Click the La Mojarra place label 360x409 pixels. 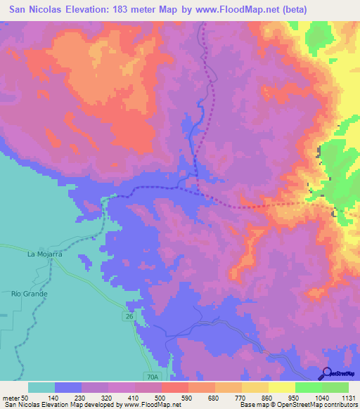point(45,254)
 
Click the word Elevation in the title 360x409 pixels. point(85,9)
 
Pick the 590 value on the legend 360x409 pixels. point(188,397)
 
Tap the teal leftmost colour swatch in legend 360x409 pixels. point(41,387)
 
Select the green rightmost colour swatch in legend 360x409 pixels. point(335,387)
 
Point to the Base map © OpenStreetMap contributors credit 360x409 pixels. point(296,405)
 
